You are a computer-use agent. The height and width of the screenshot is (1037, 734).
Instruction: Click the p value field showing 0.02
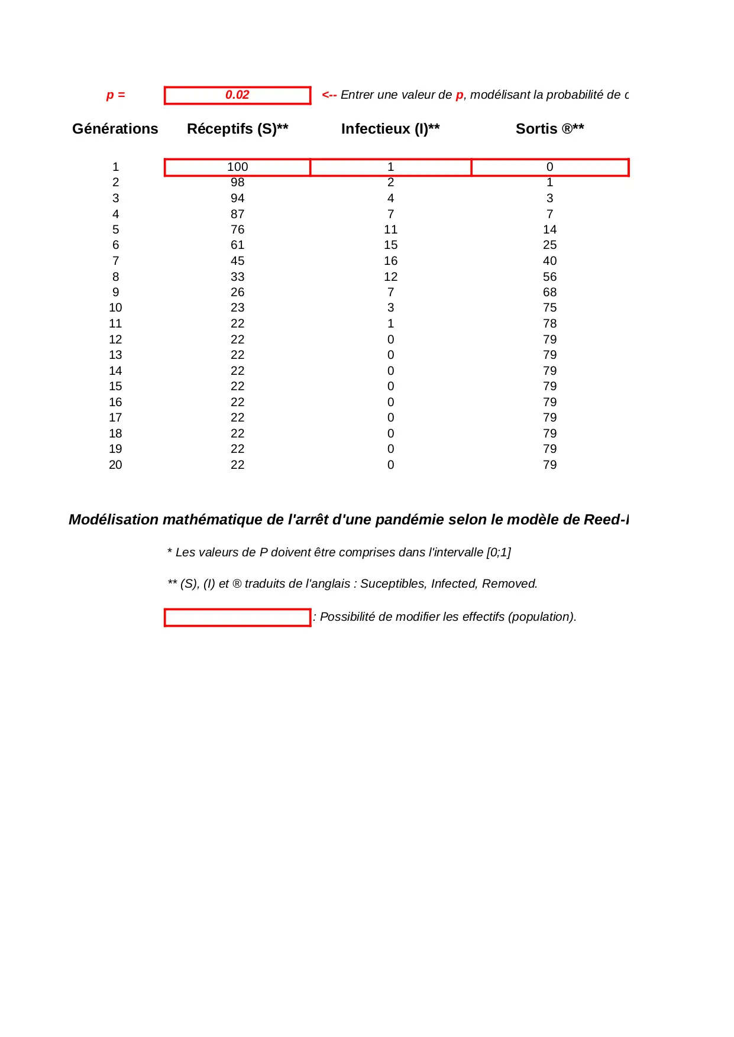coord(237,95)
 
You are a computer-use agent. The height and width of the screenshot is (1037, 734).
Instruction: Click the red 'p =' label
coord(115,95)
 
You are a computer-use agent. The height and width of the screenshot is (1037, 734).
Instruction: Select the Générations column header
coord(115,129)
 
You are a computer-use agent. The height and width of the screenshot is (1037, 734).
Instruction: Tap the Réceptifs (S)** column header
coord(237,129)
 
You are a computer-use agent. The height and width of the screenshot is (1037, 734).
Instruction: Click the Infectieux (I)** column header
coord(390,129)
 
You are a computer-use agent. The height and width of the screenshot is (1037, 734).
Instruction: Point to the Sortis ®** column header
coord(549,129)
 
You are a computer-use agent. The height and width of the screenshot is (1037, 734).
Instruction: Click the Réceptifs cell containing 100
coord(237,167)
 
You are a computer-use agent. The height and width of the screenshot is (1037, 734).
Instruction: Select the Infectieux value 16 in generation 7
coord(390,261)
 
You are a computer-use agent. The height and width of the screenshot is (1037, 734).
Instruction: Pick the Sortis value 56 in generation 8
coord(549,277)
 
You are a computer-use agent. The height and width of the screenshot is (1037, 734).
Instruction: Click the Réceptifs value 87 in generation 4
coord(237,214)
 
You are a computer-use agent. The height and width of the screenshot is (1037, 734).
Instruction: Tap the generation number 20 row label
coord(115,465)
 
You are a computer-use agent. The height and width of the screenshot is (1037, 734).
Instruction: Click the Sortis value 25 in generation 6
coord(549,245)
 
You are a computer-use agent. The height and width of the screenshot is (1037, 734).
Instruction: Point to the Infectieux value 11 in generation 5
coord(390,229)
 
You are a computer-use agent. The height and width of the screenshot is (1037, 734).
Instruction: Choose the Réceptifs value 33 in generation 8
coord(237,277)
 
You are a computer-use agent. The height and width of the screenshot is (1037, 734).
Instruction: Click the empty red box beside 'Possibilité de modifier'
coord(237,617)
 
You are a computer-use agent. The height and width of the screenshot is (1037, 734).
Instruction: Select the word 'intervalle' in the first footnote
coord(455,552)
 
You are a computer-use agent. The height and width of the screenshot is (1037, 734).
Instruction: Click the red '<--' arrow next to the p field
coord(329,95)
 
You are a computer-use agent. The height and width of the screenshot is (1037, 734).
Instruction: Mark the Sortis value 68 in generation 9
coord(549,292)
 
